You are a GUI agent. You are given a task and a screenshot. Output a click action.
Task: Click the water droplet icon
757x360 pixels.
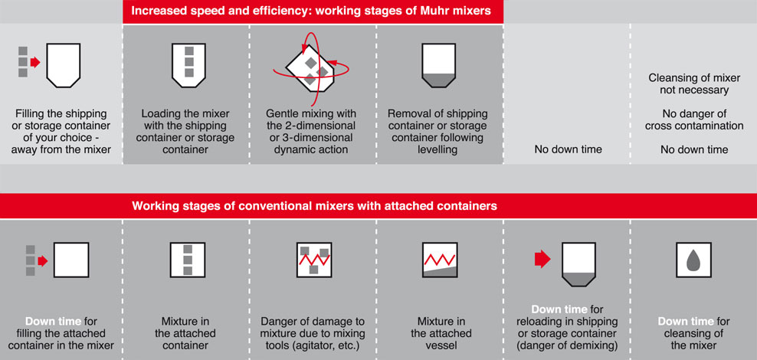[694, 261]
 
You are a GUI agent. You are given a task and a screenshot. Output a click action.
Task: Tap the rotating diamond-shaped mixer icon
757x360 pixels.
[313, 65]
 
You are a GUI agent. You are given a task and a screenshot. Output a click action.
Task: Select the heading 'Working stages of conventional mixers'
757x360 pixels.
[314, 205]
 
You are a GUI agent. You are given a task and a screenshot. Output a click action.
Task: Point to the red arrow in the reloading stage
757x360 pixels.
[542, 259]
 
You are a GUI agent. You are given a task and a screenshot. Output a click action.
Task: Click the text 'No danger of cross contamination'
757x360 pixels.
[694, 119]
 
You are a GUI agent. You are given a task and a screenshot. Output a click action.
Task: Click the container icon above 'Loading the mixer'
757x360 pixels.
[186, 64]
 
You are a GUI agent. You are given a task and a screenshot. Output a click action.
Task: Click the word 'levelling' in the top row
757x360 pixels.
[439, 149]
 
